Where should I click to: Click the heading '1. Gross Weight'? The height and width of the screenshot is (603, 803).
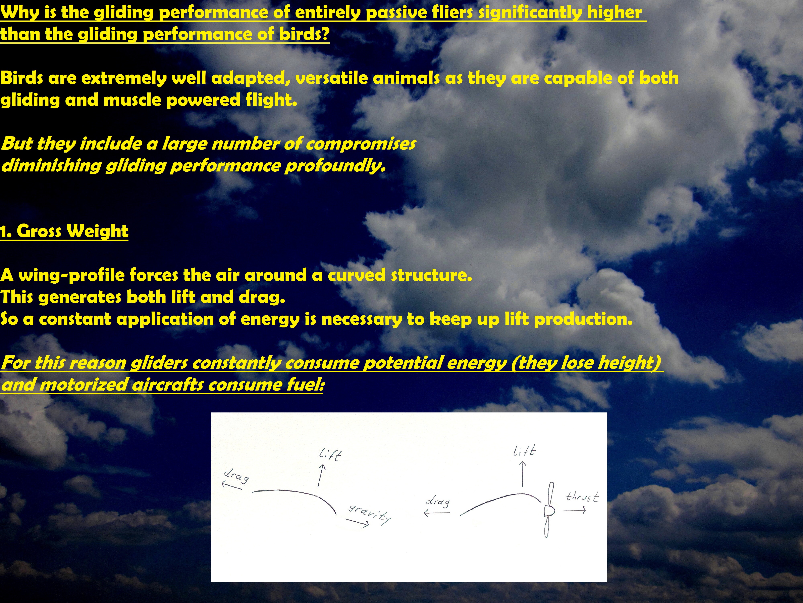(x=64, y=231)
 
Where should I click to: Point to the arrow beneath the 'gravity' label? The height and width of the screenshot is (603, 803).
(x=357, y=522)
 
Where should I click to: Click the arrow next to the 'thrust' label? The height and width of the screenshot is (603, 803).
(x=575, y=511)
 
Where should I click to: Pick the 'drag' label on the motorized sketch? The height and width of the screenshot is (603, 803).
(x=437, y=502)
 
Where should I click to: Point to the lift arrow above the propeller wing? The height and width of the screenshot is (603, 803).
(x=523, y=474)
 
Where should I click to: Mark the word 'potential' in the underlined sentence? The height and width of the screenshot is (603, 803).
(x=403, y=363)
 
